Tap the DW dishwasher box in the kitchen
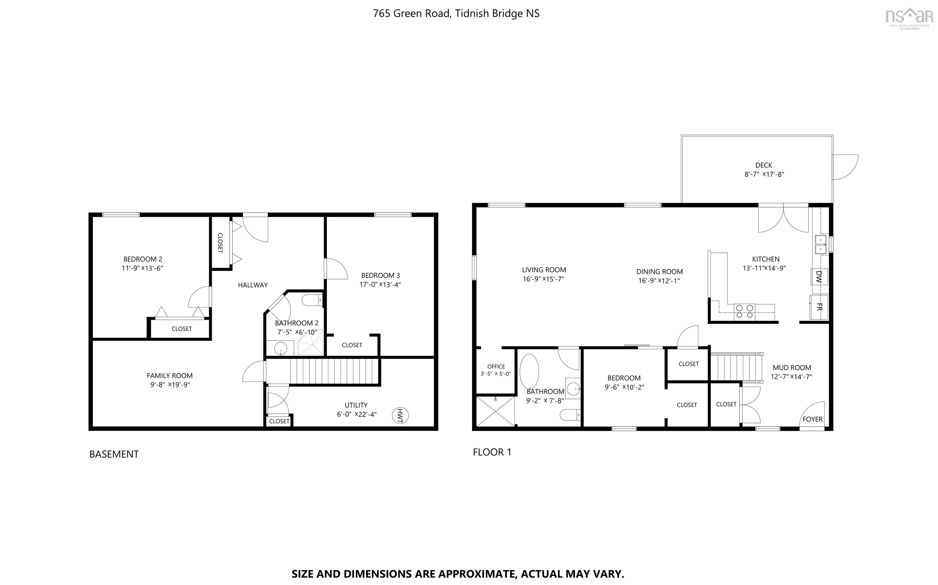tap(819, 276)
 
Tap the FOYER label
tap(813, 419)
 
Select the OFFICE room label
tap(496, 366)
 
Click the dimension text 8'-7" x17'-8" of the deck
tap(764, 174)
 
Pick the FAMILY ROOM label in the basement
tap(170, 376)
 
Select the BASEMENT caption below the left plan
tap(114, 454)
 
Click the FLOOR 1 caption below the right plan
tap(492, 452)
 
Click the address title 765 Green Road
tap(456, 13)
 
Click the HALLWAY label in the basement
tap(253, 285)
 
